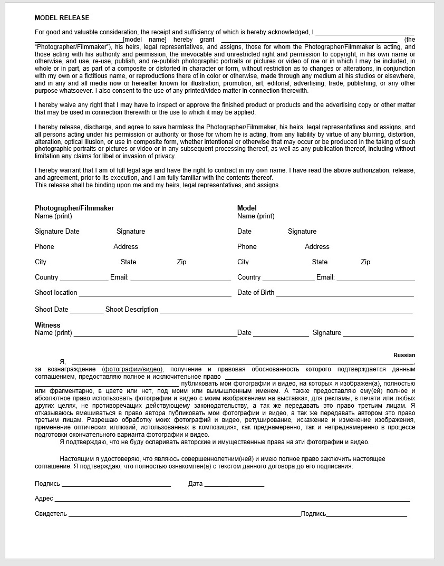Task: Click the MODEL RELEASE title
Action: point(62,18)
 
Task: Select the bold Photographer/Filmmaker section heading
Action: point(74,208)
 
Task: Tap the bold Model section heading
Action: point(247,208)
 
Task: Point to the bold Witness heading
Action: point(47,325)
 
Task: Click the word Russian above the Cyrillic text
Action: point(404,356)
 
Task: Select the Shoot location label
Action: point(56,293)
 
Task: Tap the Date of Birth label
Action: point(256,293)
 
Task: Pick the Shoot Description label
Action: point(131,310)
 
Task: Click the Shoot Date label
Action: point(52,310)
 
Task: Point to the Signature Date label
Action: point(57,232)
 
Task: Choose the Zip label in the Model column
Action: point(365,262)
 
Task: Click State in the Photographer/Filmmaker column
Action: point(128,262)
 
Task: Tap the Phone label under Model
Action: point(247,247)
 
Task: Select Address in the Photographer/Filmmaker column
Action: point(126,247)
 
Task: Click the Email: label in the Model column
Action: point(325,277)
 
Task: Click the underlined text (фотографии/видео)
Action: point(133,369)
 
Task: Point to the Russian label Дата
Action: point(195,484)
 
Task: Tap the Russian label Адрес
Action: point(44,498)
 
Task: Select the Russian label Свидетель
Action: point(51,514)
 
